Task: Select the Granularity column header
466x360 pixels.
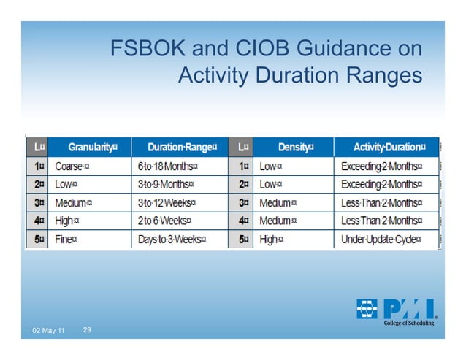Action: pos(90,147)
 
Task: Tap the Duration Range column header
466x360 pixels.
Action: pos(179,147)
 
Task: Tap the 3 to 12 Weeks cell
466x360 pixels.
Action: pos(165,202)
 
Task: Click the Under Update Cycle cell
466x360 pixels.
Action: pos(383,239)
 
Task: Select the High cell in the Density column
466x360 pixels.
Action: pos(271,239)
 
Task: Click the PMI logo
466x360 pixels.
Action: pos(395,310)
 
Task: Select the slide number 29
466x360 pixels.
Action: pos(87,331)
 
